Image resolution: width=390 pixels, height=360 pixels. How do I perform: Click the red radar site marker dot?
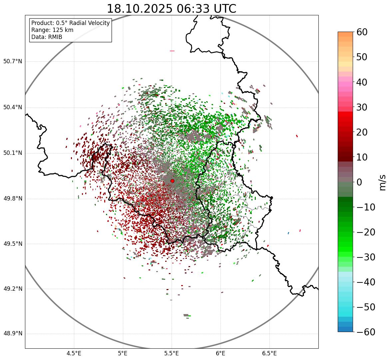(172, 181)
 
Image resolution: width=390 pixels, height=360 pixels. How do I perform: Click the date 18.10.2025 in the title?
(139, 9)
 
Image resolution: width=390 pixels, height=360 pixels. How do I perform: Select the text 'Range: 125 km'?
(52, 30)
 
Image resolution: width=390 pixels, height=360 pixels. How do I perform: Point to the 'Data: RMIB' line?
(47, 37)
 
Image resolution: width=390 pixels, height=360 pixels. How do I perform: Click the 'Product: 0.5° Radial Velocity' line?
(70, 23)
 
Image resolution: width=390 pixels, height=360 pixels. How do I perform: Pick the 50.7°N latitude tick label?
(12, 62)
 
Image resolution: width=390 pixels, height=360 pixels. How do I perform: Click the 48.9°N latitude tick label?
(12, 334)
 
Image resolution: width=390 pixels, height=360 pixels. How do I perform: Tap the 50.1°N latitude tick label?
(12, 153)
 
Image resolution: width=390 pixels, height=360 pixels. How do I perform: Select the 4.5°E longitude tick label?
(74, 353)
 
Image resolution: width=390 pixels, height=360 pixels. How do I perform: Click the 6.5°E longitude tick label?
(269, 353)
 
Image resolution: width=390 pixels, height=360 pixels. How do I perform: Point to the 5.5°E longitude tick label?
(172, 353)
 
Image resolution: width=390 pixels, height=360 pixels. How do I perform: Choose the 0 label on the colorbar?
(359, 182)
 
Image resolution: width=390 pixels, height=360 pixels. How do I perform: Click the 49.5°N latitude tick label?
(12, 244)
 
